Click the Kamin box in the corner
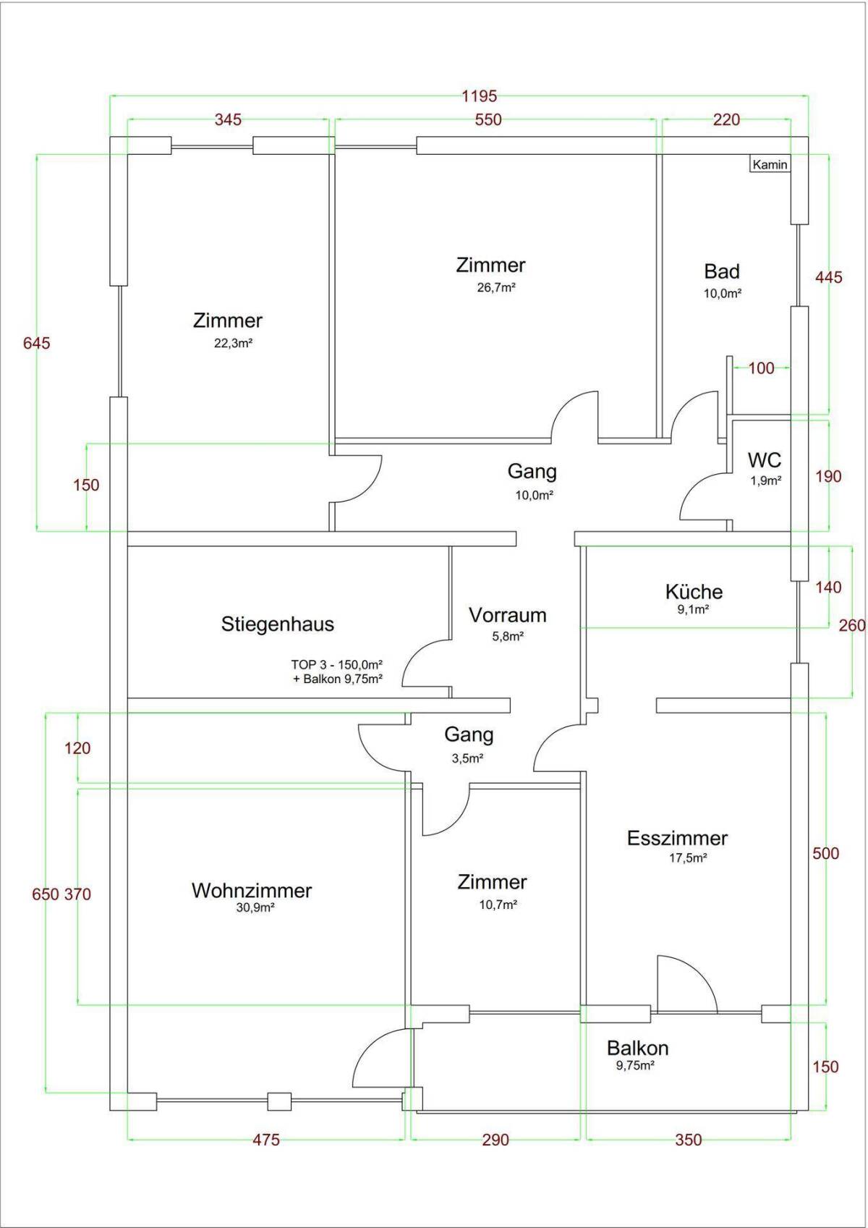coord(770,164)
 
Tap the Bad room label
coord(722,271)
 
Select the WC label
coord(765,460)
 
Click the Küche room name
coord(694,592)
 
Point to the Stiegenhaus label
coord(278,624)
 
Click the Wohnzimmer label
coord(252,890)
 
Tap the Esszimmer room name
coord(677,838)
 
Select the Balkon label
coord(637,1048)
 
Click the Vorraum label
coord(507,615)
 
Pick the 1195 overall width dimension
coord(480,96)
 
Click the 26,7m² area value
coord(495,287)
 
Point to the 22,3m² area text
coord(233,343)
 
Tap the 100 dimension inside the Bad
coord(761,368)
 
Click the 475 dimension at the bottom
coord(265,1140)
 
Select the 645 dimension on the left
coord(37,343)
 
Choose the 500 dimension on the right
coord(825,854)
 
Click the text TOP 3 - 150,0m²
coord(336,664)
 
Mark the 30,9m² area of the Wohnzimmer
coord(255,907)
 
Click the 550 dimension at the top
coord(488,119)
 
